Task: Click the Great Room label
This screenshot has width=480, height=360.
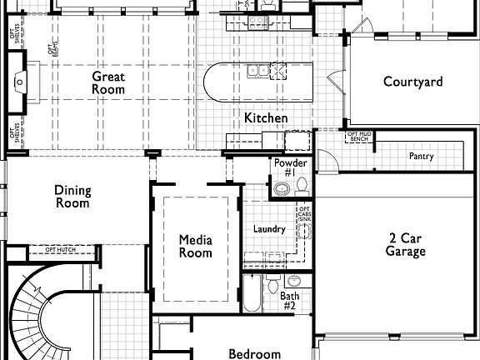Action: click(x=108, y=82)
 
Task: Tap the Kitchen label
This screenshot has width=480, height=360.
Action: click(x=266, y=118)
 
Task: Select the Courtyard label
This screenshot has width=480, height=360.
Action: click(x=412, y=82)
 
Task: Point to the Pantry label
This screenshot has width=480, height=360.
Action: click(x=421, y=156)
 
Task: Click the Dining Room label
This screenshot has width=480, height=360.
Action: click(x=72, y=196)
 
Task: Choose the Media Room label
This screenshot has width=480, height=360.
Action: click(x=196, y=247)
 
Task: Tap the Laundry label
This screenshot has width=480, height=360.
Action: click(x=268, y=229)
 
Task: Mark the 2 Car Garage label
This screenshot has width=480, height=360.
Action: click(x=407, y=244)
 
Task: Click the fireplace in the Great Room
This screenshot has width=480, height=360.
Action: click(x=19, y=82)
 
